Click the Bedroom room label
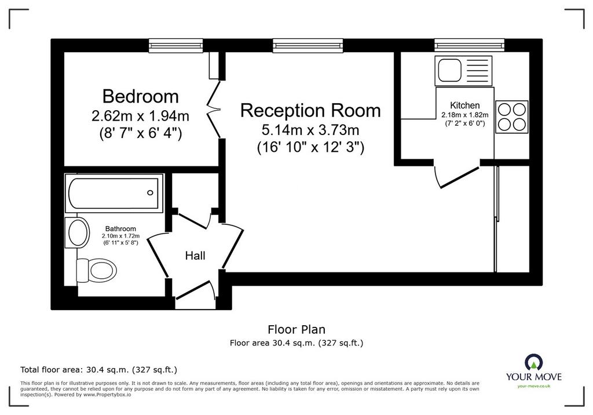tap(140, 96)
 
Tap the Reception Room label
tap(310, 110)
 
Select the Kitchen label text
tap(465, 105)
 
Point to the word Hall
tap(195, 256)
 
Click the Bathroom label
tap(120, 229)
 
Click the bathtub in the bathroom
tap(114, 193)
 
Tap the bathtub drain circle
tap(150, 193)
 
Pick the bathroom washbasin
tap(78, 232)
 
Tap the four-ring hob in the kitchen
tap(512, 117)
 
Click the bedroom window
tap(176, 45)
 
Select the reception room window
tap(308, 45)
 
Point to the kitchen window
tap(469, 45)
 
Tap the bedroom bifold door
tap(214, 109)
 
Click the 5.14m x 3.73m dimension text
tap(310, 130)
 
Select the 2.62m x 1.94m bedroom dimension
tap(140, 115)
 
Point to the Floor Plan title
tap(296, 329)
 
